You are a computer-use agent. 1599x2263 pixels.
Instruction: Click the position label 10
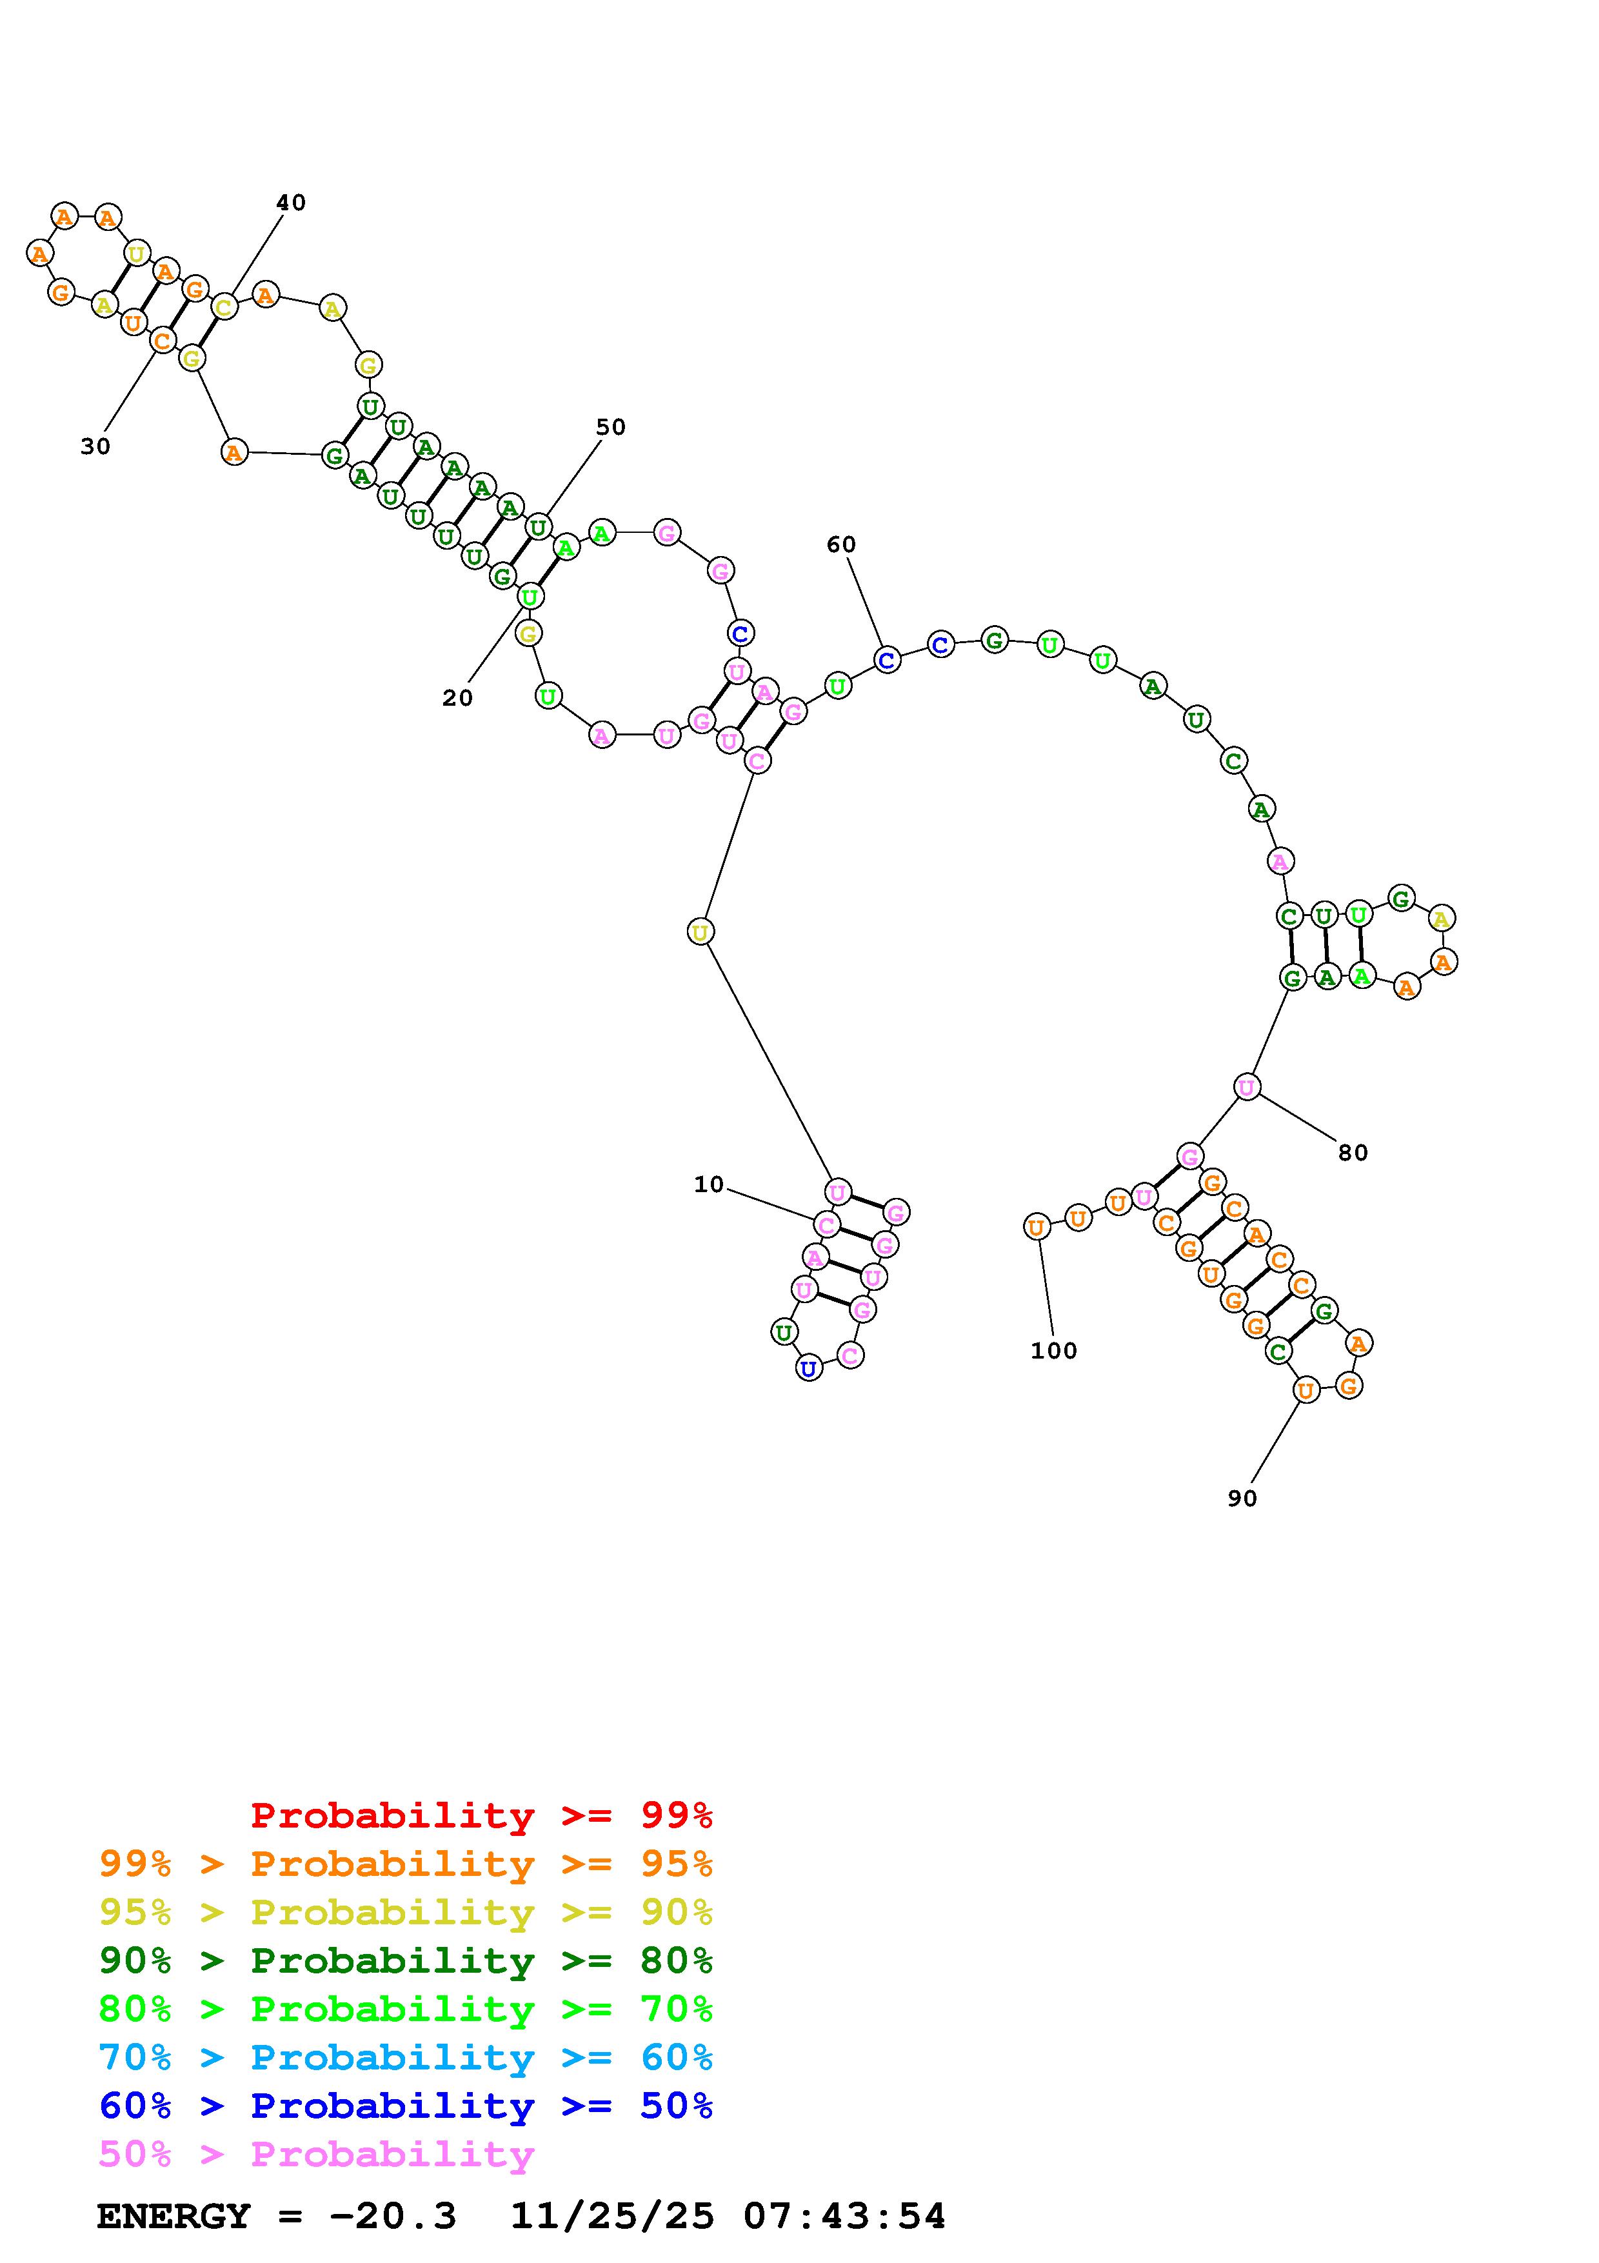tap(708, 1185)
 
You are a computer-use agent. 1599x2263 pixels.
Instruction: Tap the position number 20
tap(457, 698)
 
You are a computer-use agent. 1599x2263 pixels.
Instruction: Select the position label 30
tap(95, 446)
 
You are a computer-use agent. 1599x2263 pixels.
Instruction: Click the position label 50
tap(611, 427)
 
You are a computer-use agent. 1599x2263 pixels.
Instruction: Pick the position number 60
tap(841, 544)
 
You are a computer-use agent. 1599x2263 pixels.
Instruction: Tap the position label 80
tap(1353, 1152)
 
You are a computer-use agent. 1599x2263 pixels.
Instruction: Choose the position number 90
tap(1242, 1498)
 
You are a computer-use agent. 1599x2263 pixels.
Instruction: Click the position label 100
tap(1054, 1350)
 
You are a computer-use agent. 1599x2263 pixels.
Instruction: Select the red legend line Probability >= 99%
tap(482, 1815)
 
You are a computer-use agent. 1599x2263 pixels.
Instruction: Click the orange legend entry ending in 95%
tap(406, 1864)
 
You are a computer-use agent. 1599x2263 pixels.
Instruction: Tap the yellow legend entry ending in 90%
tap(406, 1912)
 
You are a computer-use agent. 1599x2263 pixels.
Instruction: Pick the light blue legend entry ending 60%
tap(406, 2057)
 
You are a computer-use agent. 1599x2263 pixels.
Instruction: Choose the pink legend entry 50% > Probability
tap(316, 2153)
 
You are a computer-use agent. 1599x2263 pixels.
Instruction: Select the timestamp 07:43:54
tap(844, 2216)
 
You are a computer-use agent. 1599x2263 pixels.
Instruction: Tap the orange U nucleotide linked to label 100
tap(1035, 1227)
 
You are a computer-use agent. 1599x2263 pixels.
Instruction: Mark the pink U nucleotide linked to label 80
tap(1246, 1087)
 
